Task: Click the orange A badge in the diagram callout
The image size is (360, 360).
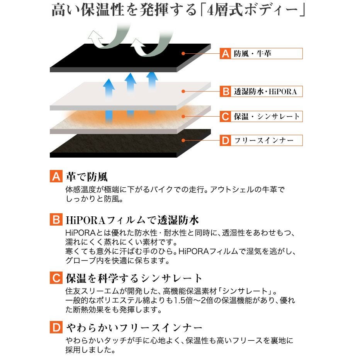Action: click(x=226, y=53)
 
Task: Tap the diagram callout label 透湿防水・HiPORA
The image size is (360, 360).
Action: click(x=265, y=92)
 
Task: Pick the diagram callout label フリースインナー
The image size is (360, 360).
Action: click(x=264, y=140)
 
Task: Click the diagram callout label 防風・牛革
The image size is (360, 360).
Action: click(x=253, y=53)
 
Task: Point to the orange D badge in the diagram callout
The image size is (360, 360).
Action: click(x=226, y=140)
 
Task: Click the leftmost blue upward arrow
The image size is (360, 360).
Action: click(x=109, y=88)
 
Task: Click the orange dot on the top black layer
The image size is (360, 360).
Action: click(x=183, y=53)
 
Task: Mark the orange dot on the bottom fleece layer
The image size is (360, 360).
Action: click(x=183, y=140)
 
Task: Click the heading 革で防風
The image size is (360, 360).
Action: click(x=87, y=177)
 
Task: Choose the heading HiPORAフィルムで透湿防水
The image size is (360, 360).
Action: click(x=132, y=220)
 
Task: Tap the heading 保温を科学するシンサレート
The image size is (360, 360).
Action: click(x=134, y=278)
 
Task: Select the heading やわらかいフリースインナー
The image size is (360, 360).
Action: click(x=134, y=328)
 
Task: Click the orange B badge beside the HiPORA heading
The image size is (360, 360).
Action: click(x=56, y=219)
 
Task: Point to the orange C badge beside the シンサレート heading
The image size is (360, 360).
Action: click(x=56, y=278)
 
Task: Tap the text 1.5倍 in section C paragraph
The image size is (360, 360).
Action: click(x=183, y=301)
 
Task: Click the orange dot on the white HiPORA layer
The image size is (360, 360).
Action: click(x=183, y=92)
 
